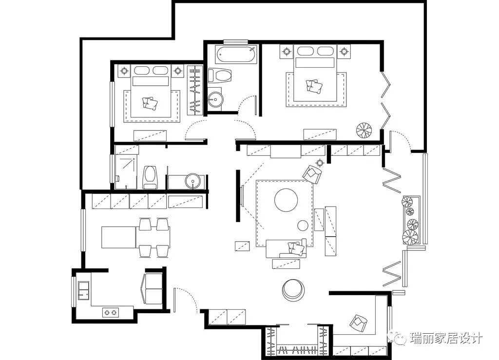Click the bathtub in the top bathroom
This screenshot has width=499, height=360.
pyautogui.click(x=236, y=54)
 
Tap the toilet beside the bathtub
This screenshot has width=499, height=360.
pyautogui.click(x=220, y=76)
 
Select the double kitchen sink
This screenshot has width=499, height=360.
pyautogui.click(x=84, y=290)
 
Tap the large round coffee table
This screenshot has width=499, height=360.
pyautogui.click(x=286, y=200)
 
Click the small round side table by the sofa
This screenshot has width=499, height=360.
pyautogui.click(x=303, y=226)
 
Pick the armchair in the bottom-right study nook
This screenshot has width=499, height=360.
pyautogui.click(x=358, y=323)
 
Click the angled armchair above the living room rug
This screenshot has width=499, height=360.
pyautogui.click(x=312, y=174)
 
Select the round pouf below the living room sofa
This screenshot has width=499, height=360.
pyautogui.click(x=293, y=290)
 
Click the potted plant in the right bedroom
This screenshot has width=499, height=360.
pyautogui.click(x=364, y=130)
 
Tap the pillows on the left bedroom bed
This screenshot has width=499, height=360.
pyautogui.click(x=150, y=103)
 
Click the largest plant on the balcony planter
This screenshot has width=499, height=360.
pyautogui.click(x=409, y=237)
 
